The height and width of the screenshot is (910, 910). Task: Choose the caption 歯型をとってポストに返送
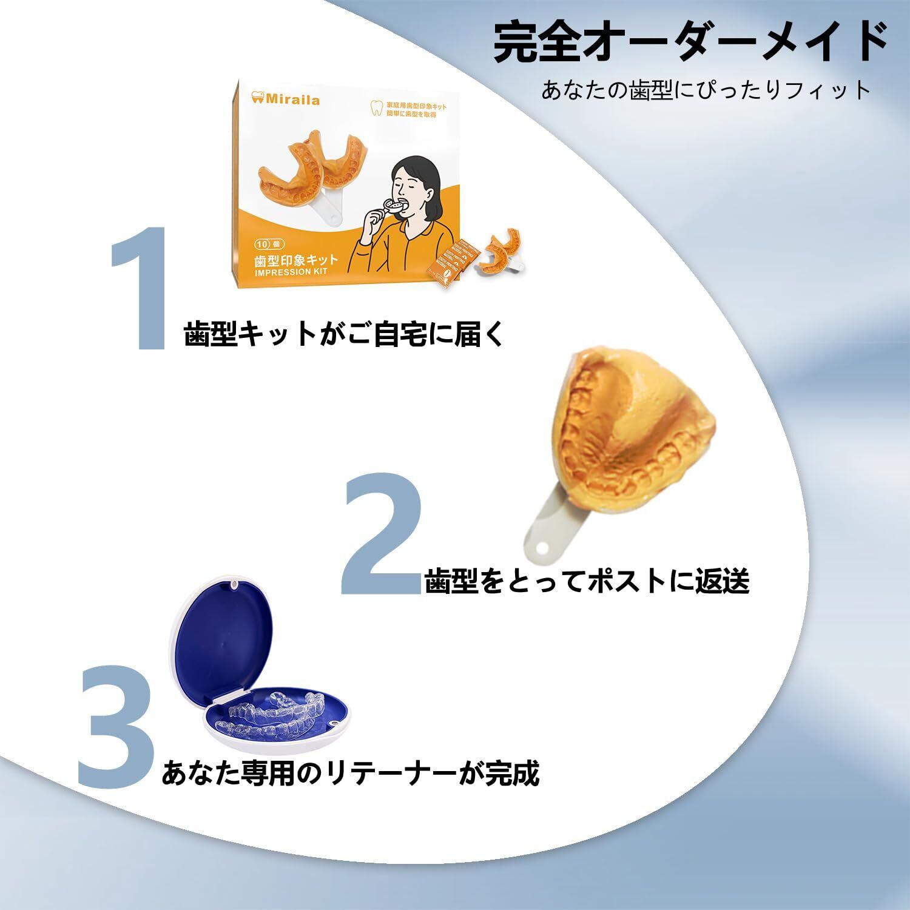pos(587,581)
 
